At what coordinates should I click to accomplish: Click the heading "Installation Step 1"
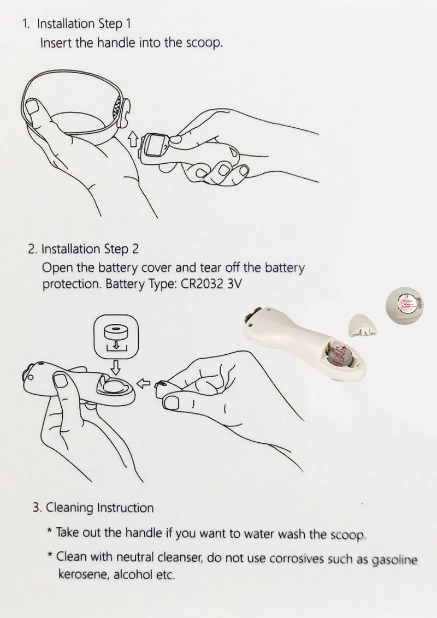point(84,23)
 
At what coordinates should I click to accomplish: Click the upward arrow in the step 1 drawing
point(133,138)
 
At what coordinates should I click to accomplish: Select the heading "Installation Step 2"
point(90,249)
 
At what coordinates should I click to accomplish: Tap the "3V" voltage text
point(234,284)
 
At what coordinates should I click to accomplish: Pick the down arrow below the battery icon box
point(116,367)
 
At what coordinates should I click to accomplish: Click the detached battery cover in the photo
point(362,325)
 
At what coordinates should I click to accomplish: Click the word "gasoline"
point(394,560)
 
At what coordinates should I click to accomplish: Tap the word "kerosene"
point(84,575)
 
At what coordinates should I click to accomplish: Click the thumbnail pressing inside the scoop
point(35,109)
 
